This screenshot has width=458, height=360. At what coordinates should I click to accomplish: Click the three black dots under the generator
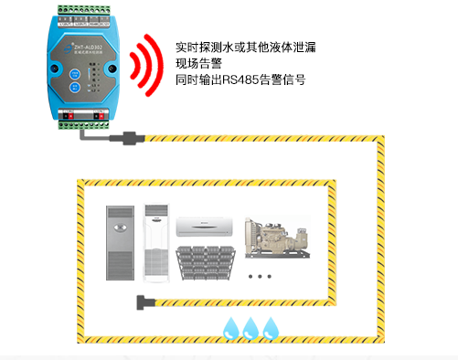261,276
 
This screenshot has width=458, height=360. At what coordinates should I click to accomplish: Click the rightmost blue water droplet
271,327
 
